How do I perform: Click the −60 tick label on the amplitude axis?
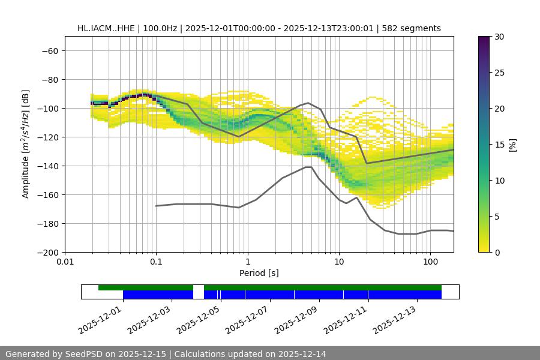coord(50,51)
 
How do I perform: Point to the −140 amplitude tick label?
coord(47,166)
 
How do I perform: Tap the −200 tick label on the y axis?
coord(47,253)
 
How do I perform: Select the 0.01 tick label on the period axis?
coord(65,262)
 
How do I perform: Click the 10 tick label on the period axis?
coord(338,262)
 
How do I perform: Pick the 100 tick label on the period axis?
coord(430,262)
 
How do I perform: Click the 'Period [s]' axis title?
coord(259,273)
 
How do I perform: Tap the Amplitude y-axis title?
coord(26,144)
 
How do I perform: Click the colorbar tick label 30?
coord(499,37)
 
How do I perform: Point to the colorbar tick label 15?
coord(499,145)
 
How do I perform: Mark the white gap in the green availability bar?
coord(199,287)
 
